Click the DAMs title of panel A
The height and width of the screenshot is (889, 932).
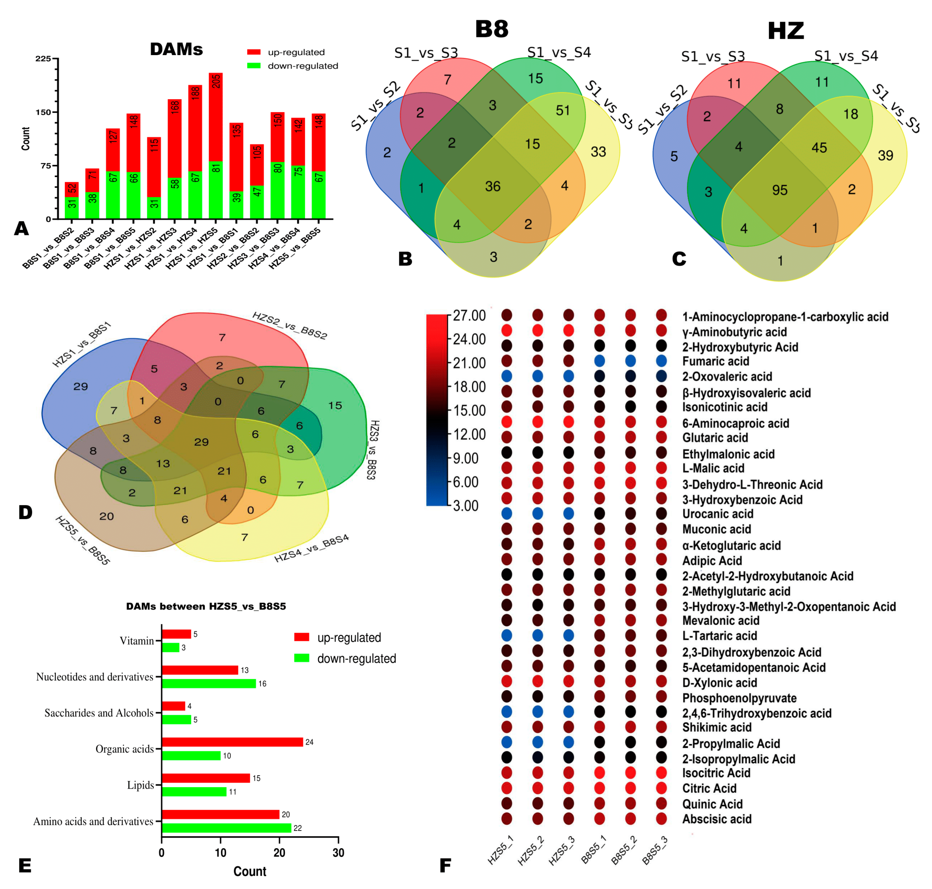tap(176, 49)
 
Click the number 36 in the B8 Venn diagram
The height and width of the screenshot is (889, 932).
tap(492, 186)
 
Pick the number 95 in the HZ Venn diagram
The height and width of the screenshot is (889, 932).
tap(780, 190)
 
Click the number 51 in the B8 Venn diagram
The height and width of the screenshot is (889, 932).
tap(563, 110)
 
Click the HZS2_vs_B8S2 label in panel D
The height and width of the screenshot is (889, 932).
tap(289, 326)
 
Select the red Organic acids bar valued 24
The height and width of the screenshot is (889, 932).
tap(232, 742)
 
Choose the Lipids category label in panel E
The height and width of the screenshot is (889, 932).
tap(140, 785)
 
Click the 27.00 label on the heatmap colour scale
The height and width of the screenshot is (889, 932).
tap(469, 316)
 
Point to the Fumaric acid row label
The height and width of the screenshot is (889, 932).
tap(715, 361)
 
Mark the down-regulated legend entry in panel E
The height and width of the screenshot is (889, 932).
tap(356, 659)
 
